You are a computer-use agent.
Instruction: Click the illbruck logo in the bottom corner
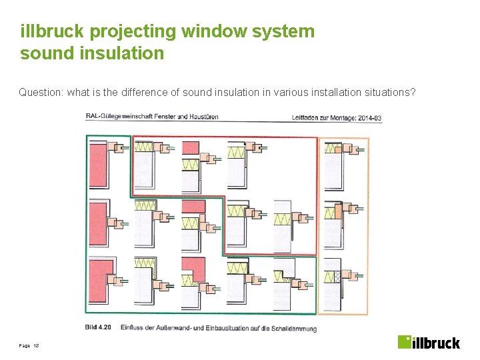[429, 342]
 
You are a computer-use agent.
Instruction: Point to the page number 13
[37, 346]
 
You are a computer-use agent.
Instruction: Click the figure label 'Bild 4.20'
[98, 327]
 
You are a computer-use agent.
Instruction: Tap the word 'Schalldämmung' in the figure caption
[295, 328]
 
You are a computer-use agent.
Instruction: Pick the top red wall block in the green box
[98, 165]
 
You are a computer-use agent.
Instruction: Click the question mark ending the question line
[413, 92]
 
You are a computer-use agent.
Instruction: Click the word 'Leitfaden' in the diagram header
[307, 117]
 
